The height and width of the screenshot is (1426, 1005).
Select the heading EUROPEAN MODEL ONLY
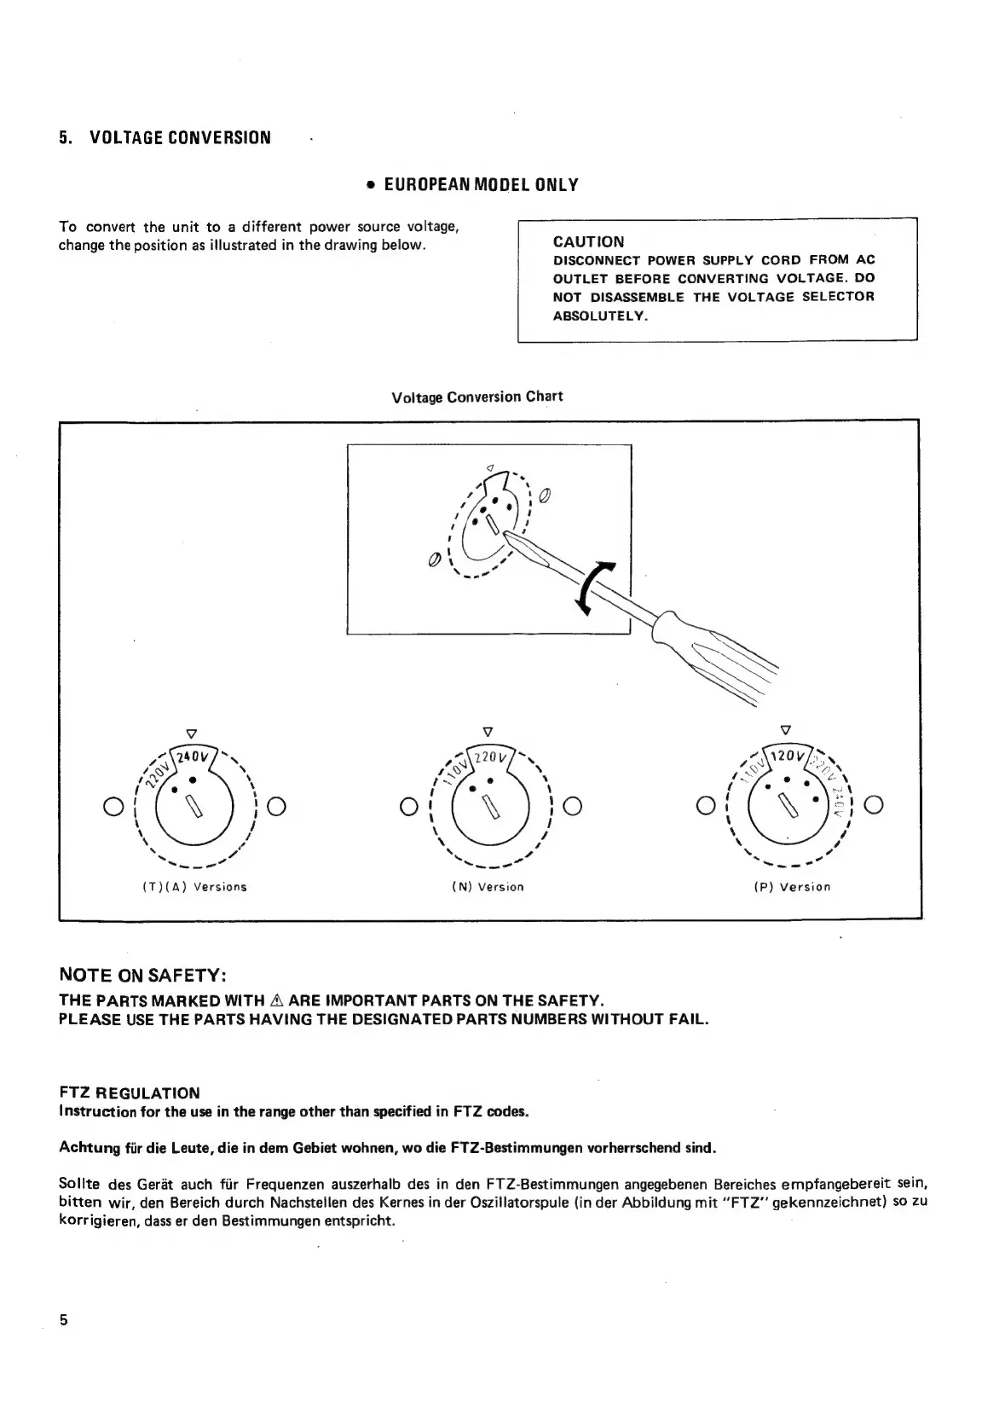(x=478, y=184)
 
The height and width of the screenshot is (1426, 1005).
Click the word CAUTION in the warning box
(x=588, y=241)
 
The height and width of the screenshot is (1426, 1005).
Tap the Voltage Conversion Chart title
(x=477, y=397)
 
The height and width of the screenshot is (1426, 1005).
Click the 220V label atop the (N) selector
(x=490, y=756)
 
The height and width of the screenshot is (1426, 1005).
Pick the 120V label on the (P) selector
(x=786, y=756)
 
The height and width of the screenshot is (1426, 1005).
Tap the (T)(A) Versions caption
(x=194, y=887)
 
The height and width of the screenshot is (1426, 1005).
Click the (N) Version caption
(x=488, y=887)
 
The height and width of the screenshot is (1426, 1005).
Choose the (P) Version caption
(x=792, y=887)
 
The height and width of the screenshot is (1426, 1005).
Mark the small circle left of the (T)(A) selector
(x=110, y=805)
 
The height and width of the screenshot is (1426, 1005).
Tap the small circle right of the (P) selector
(x=874, y=804)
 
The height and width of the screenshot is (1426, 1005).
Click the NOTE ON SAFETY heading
(x=142, y=975)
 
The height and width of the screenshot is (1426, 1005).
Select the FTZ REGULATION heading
(x=129, y=1093)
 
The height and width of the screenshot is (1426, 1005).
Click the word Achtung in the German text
(x=90, y=1147)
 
